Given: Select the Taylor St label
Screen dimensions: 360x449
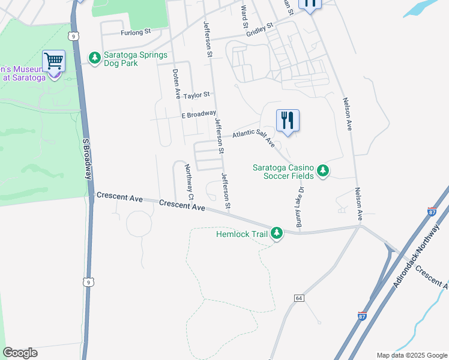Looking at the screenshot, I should point(197,95).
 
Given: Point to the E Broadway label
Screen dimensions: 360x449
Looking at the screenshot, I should point(198,114).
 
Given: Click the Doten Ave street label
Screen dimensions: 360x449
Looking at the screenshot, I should point(176,83).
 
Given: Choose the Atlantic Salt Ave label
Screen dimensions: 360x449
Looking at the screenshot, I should point(253,137).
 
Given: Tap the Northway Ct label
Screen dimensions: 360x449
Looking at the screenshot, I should point(189,182).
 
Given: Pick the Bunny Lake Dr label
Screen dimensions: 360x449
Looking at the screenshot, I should point(301,207).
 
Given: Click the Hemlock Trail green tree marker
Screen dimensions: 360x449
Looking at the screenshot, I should point(277,232).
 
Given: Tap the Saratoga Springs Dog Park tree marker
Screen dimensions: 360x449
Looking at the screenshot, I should point(94,58).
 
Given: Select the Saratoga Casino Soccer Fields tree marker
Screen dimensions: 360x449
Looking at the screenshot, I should point(323,171).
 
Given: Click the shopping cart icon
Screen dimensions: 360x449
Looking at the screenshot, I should point(54,61).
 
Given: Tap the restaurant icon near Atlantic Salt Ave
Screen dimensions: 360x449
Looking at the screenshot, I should point(288,121).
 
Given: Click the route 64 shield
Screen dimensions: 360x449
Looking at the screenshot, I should point(298,298).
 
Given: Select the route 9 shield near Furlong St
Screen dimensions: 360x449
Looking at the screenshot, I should point(73,36).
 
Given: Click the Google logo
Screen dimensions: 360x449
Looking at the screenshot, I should point(20,353).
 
